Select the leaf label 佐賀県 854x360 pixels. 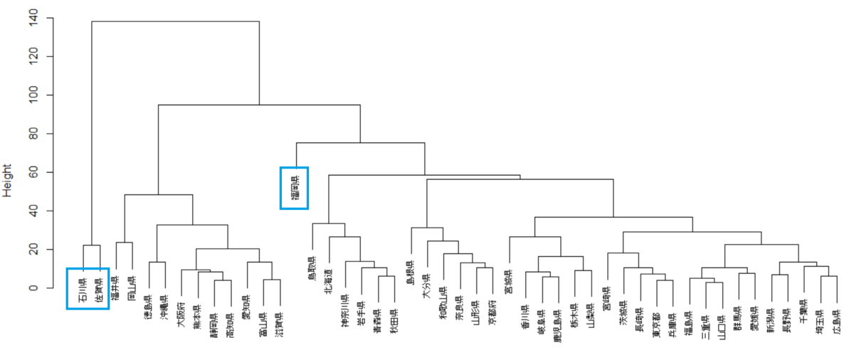pyautogui.click(x=99, y=289)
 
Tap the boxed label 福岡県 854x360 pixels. pyautogui.click(x=294, y=188)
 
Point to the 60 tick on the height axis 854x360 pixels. pyautogui.click(x=33, y=172)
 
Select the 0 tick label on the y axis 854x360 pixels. pyautogui.click(x=33, y=287)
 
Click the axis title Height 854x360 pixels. pyautogui.click(x=8, y=180)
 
